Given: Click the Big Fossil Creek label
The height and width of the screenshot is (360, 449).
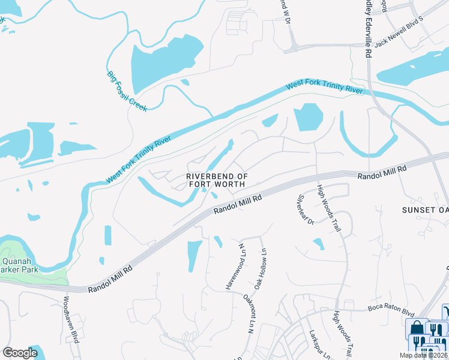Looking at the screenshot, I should coord(127,92).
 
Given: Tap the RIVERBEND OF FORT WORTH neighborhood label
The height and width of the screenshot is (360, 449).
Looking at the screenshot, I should coord(217,180).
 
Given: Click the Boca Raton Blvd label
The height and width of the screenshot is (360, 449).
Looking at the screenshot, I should coord(391,312).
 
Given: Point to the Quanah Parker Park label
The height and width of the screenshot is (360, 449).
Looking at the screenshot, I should coord(21,265).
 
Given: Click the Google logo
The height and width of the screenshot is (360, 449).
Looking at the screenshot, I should coord(20,353).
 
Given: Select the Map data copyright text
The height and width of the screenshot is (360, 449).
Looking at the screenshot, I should coord(424,355).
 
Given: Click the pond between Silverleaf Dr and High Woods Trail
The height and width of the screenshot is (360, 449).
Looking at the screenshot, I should coord(318,244).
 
